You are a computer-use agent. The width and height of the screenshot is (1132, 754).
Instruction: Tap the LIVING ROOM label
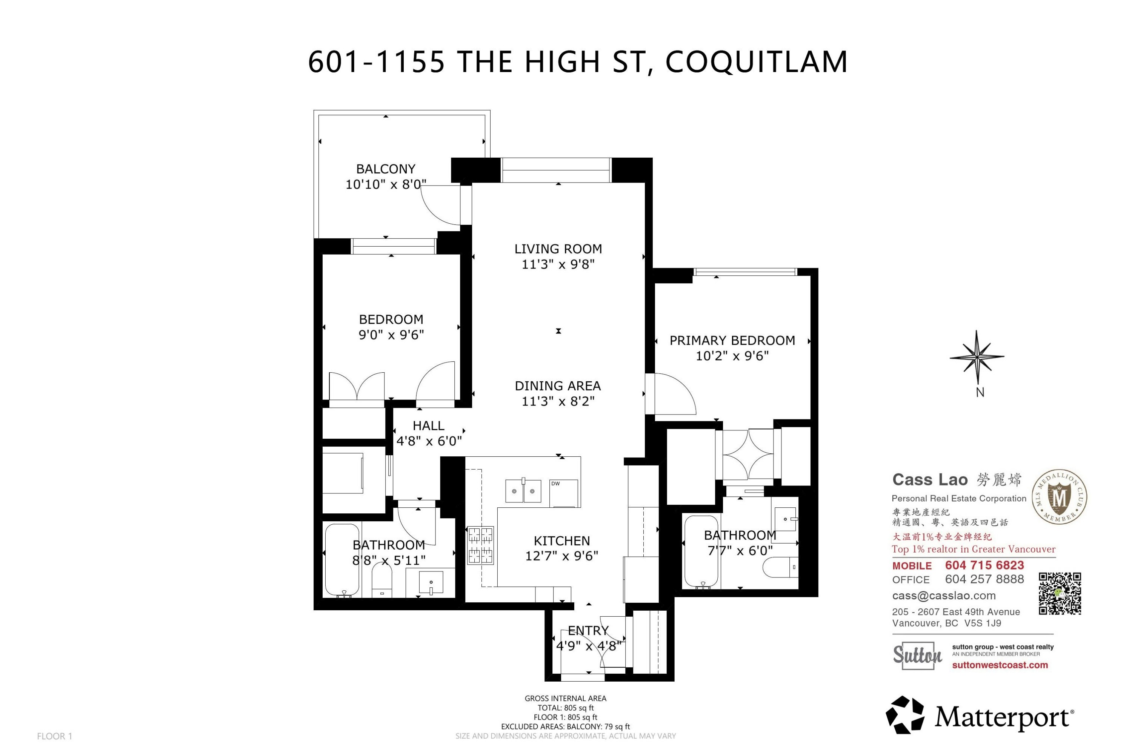pos(558,249)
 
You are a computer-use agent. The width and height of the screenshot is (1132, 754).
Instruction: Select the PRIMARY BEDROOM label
pos(732,341)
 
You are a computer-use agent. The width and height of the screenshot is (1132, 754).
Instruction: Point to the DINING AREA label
pos(558,385)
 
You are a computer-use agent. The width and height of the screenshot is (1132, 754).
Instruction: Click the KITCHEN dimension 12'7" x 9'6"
pos(561,556)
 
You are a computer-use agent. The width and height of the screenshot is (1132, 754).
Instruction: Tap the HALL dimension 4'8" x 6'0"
pos(429,441)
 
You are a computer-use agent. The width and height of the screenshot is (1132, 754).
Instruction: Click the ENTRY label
pos(588,630)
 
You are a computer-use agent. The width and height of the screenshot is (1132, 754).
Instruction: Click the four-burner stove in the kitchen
pos(481,545)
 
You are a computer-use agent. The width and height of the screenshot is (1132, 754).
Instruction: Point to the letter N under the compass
pos(980,392)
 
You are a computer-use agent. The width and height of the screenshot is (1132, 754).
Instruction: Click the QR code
pos(1060,593)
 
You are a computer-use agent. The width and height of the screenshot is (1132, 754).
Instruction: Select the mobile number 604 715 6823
pos(984,565)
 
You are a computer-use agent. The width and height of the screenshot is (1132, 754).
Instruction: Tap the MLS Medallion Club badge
pos(1059,497)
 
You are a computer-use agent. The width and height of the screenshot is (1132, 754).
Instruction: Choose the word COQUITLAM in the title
pos(756,61)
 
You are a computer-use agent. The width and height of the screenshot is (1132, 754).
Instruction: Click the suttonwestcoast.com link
pos(1000,665)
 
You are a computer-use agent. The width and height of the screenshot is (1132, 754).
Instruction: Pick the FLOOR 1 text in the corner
pos(54,736)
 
